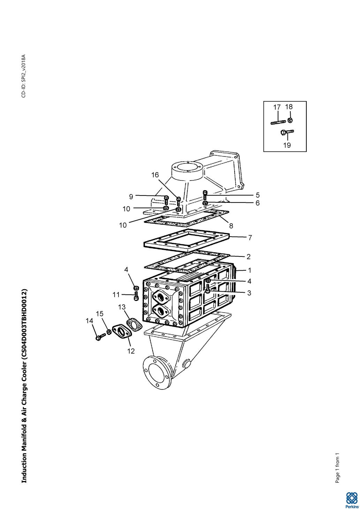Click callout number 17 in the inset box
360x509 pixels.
pyautogui.click(x=277, y=107)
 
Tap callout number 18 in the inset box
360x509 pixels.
pyautogui.click(x=289, y=107)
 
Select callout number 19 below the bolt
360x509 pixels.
pyautogui.click(x=287, y=145)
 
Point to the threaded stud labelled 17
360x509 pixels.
pyautogui.click(x=278, y=123)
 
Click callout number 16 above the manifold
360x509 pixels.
pyautogui.click(x=155, y=175)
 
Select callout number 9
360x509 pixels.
pyautogui.click(x=131, y=196)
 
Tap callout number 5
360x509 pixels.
pyautogui.click(x=258, y=195)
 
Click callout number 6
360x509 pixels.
pyautogui.click(x=258, y=203)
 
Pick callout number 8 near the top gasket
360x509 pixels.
pyautogui.click(x=231, y=226)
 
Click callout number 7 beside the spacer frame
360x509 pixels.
pyautogui.click(x=250, y=238)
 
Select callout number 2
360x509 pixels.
pyautogui.click(x=248, y=256)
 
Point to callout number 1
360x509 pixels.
pyautogui.click(x=250, y=270)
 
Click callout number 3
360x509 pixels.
pyautogui.click(x=249, y=293)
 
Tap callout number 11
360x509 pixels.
pyautogui.click(x=116, y=295)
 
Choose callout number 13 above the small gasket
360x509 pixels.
pyautogui.click(x=122, y=307)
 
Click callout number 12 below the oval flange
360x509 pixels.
pyautogui.click(x=131, y=351)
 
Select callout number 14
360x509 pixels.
pyautogui.click(x=90, y=321)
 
